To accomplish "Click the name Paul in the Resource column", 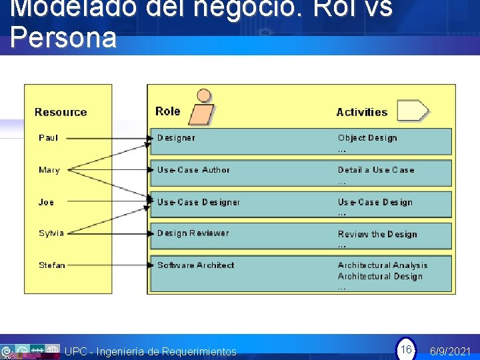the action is tap(48, 138).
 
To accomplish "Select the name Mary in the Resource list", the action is tap(49, 170).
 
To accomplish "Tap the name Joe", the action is tap(46, 202).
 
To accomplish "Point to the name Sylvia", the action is tap(51, 233).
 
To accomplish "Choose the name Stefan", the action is tap(52, 265).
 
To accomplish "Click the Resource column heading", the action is tap(61, 113).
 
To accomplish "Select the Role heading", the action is tap(167, 111).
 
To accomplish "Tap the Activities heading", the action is tap(362, 113).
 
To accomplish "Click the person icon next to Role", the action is tap(202, 107).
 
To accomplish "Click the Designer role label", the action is tap(176, 138).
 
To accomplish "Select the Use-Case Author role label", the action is tap(193, 170).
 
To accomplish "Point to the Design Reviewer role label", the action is tap(193, 233).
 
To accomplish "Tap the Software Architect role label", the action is tap(195, 265).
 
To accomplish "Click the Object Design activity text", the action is tap(367, 138).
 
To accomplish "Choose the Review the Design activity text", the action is tap(377, 235).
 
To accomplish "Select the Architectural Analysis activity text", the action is tap(383, 265).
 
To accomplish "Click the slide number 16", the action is tap(405, 349).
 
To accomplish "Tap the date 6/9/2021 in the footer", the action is tap(451, 351).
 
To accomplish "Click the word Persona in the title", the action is tap(63, 38).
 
